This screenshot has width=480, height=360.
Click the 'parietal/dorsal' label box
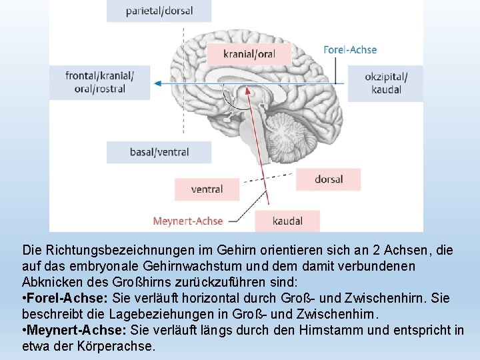click(x=159, y=11)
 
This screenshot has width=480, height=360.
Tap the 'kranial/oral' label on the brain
click(x=249, y=54)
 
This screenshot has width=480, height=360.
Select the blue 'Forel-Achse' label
click(x=350, y=49)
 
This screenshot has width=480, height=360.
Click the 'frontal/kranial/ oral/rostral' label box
click(x=100, y=82)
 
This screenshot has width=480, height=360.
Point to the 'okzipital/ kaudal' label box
click(x=385, y=83)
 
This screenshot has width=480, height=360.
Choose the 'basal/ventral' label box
click(x=159, y=152)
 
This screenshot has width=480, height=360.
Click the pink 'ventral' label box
click(x=207, y=189)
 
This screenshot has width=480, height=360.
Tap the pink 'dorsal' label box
click(x=328, y=179)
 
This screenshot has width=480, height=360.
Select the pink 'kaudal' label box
click(x=287, y=221)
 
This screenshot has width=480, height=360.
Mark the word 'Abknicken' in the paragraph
click(x=51, y=282)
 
